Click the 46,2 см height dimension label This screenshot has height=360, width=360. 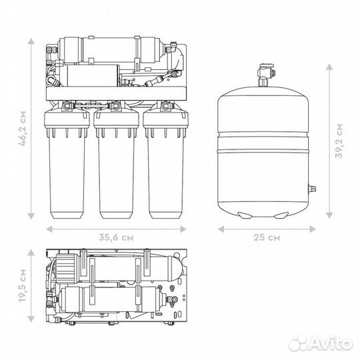coord(23,129)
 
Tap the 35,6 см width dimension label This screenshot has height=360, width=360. coord(116,237)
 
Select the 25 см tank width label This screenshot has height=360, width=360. coord(267,237)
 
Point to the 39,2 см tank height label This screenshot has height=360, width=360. coord(339,141)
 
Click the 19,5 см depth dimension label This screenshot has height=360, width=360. coord(23,285)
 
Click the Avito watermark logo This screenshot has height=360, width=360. coord(321,343)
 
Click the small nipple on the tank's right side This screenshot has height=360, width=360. coord(312,189)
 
